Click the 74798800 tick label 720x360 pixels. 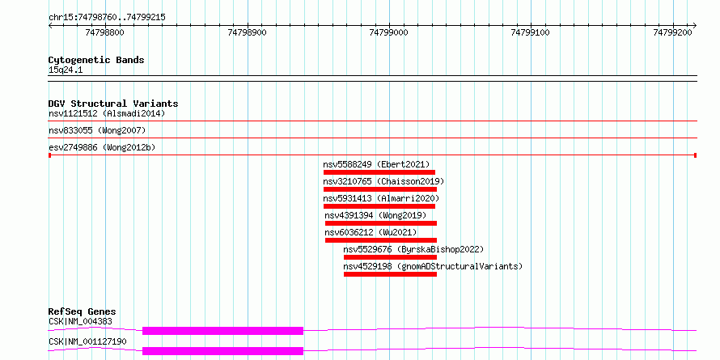pyautogui.click(x=104, y=32)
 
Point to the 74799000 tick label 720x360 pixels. pyautogui.click(x=388, y=32)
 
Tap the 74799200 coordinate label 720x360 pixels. pyautogui.click(x=673, y=32)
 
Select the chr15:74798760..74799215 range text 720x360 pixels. pyautogui.click(x=107, y=18)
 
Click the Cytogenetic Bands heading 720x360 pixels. pyautogui.click(x=96, y=60)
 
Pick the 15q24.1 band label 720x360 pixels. pyautogui.click(x=66, y=70)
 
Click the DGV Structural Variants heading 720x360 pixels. pyautogui.click(x=113, y=104)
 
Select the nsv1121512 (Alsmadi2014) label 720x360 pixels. pyautogui.click(x=107, y=113)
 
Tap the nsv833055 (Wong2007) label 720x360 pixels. pyautogui.click(x=97, y=131)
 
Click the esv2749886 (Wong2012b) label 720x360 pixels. pyautogui.click(x=102, y=148)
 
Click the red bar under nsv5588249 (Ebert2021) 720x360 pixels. pyautogui.click(x=379, y=172)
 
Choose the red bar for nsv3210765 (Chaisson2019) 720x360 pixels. pyautogui.click(x=380, y=189)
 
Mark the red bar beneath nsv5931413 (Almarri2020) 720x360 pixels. pyautogui.click(x=379, y=206)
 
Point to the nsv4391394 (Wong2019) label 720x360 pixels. pyautogui.click(x=375, y=215)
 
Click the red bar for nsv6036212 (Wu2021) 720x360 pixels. pyautogui.click(x=381, y=240)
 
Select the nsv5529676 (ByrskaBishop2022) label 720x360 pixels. pyautogui.click(x=413, y=249)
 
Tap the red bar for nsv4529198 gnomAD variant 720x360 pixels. pyautogui.click(x=390, y=274)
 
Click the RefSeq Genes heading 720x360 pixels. pyautogui.click(x=83, y=311)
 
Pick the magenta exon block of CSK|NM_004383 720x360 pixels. pyautogui.click(x=222, y=331)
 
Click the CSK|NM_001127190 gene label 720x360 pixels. pyautogui.click(x=87, y=341)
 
